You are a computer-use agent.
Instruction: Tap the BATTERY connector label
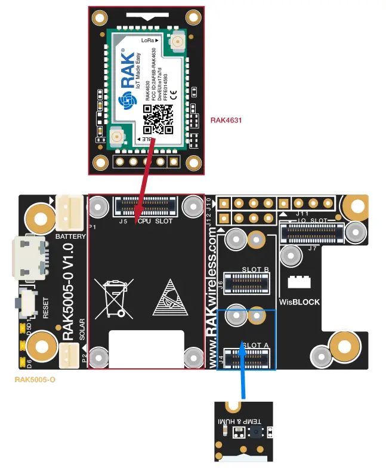click(x=70, y=236)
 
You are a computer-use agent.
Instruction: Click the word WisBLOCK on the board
click(x=300, y=302)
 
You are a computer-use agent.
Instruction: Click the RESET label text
click(x=46, y=306)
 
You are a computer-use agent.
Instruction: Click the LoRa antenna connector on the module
click(x=177, y=42)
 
